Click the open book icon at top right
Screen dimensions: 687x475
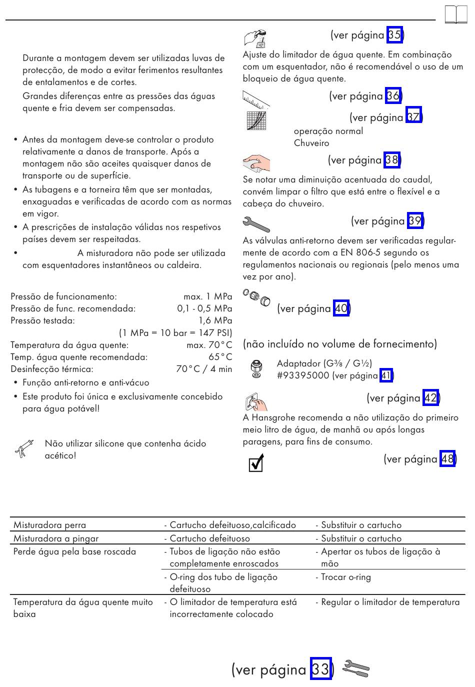(x=455, y=15)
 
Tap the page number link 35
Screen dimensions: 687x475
(x=394, y=35)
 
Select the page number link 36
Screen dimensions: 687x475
(x=393, y=96)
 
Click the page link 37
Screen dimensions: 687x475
(x=413, y=117)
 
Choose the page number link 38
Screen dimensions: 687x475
(x=392, y=160)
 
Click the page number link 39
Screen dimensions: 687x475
(x=415, y=221)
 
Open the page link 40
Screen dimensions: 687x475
(x=341, y=308)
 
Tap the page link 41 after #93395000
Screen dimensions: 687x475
(x=386, y=375)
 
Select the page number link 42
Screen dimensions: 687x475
(x=430, y=398)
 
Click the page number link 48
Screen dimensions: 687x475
(x=447, y=459)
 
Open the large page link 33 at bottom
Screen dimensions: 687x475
(x=320, y=669)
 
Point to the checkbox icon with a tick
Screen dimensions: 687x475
(x=256, y=463)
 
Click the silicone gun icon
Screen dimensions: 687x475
(x=24, y=448)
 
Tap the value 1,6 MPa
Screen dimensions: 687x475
(x=215, y=320)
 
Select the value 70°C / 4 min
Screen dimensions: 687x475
(x=204, y=369)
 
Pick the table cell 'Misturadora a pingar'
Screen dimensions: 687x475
(x=56, y=538)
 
